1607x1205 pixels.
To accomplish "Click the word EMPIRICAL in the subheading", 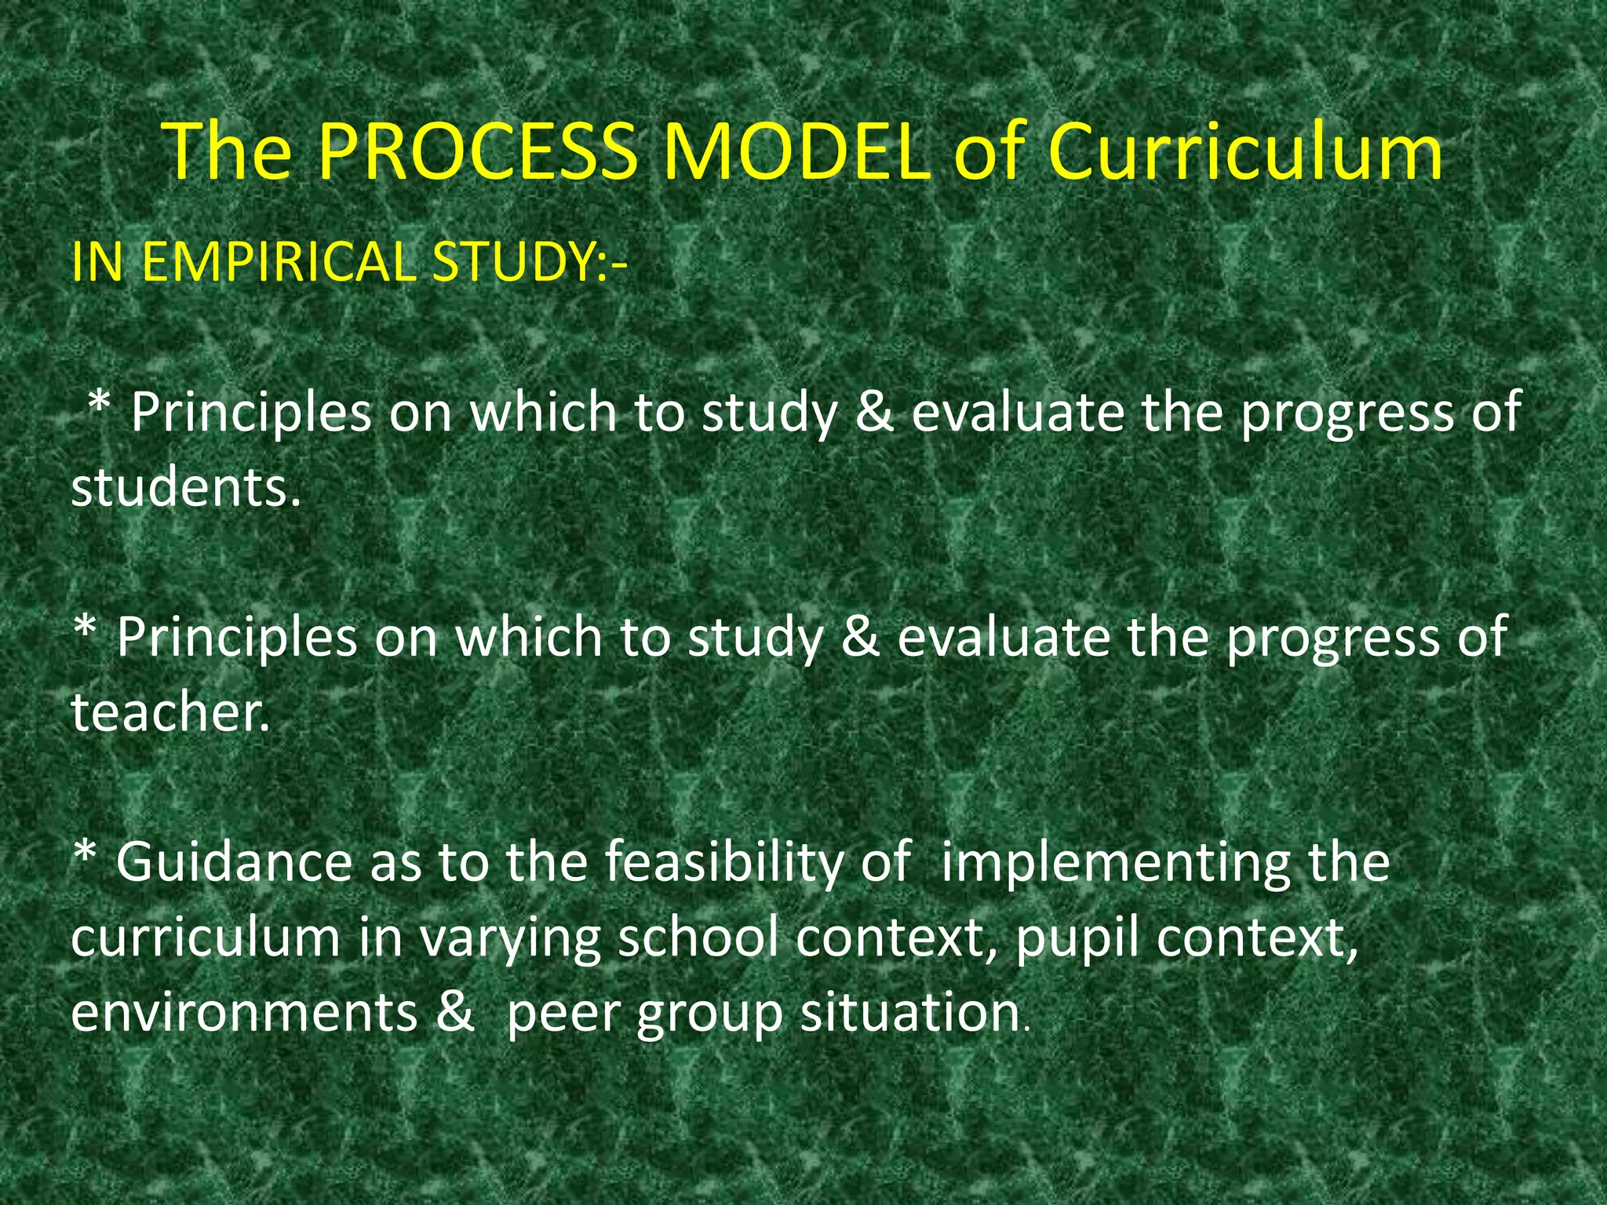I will (279, 261).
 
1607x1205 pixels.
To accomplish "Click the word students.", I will (186, 487).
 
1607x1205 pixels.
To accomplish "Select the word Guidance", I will (234, 861).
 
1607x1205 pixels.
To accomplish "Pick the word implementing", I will (1115, 861).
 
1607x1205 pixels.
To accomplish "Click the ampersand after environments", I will (456, 1012).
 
